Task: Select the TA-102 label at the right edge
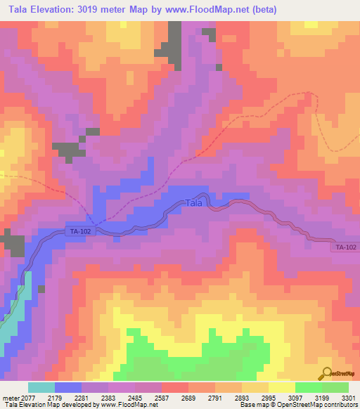coord(345,247)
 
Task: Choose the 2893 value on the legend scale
coord(240,398)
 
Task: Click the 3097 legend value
coord(295,398)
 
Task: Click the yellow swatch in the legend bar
coord(281,387)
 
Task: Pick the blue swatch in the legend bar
coord(68,387)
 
